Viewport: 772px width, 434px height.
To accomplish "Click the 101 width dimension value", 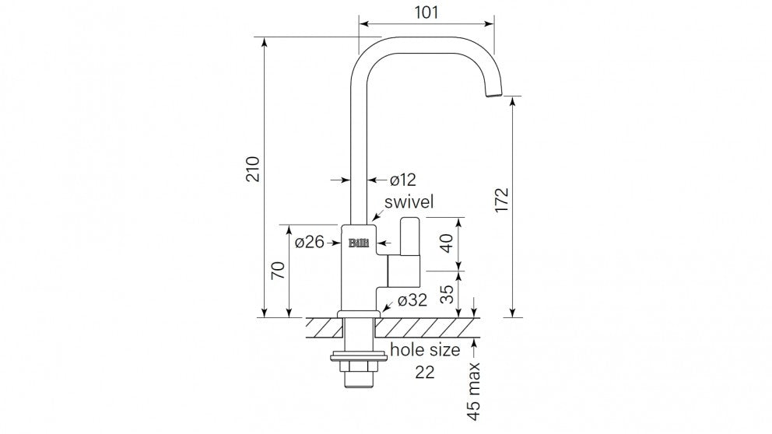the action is [426, 12].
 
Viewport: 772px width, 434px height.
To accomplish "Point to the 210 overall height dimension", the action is [253, 169].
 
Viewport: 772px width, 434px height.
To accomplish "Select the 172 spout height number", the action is [501, 199].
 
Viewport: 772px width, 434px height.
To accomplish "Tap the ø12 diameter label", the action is [403, 180].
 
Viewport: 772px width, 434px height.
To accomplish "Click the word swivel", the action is [409, 201].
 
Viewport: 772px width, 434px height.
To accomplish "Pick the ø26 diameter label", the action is [309, 242].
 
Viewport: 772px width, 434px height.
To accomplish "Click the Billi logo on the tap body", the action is [359, 243].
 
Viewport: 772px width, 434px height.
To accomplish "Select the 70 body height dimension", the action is [279, 270].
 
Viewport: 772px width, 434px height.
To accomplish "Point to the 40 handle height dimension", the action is [447, 243].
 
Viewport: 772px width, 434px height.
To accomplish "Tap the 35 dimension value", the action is [447, 294].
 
